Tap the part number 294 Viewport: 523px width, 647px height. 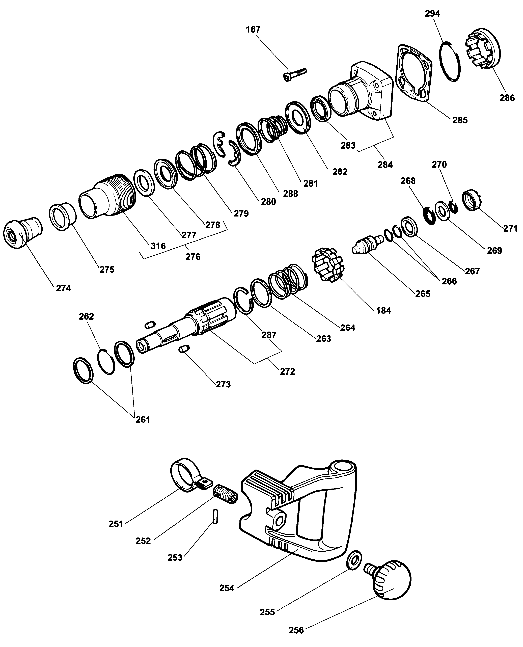pos(432,14)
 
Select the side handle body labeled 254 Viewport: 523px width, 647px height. pos(301,518)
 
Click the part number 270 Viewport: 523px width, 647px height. pos(439,165)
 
